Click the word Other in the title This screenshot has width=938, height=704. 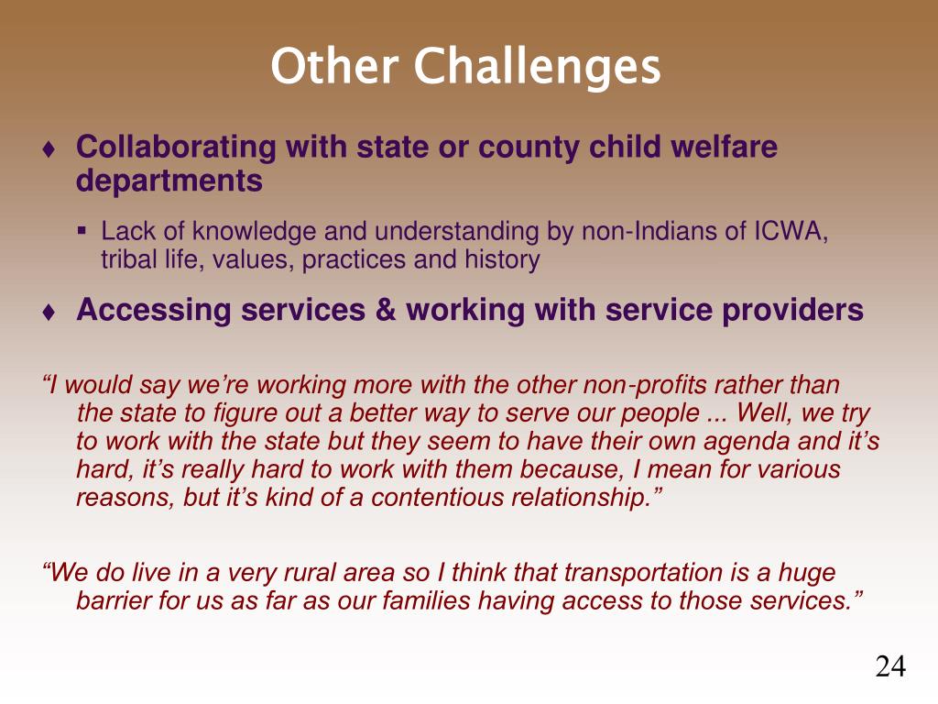click(334, 66)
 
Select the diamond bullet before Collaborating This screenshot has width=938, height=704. click(49, 149)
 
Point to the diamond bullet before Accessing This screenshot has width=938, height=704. click(49, 312)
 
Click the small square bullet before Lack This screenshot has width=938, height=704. click(82, 230)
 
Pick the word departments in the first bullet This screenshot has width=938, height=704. click(169, 181)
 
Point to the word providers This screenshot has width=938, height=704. click(792, 311)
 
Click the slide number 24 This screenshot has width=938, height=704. click(890, 666)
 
